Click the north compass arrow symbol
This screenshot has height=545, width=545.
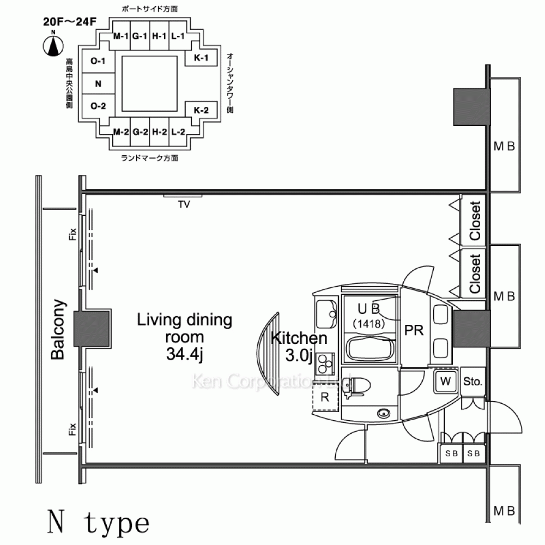point(53,45)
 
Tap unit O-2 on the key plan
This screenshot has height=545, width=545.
point(98,106)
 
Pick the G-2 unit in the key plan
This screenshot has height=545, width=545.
point(140,132)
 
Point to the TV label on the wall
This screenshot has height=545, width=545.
point(184,205)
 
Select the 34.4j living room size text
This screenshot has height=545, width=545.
point(184,355)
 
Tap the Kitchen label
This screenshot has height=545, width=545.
point(299,338)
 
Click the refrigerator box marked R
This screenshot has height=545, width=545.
point(325,397)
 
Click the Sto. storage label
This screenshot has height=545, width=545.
point(473,382)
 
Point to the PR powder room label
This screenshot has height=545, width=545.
point(414,331)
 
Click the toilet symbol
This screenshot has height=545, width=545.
point(358,386)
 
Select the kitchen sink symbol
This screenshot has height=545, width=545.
point(326,311)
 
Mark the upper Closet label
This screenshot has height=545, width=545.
point(475,221)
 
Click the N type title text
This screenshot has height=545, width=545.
point(98,523)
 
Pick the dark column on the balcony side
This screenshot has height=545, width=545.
point(93,330)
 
